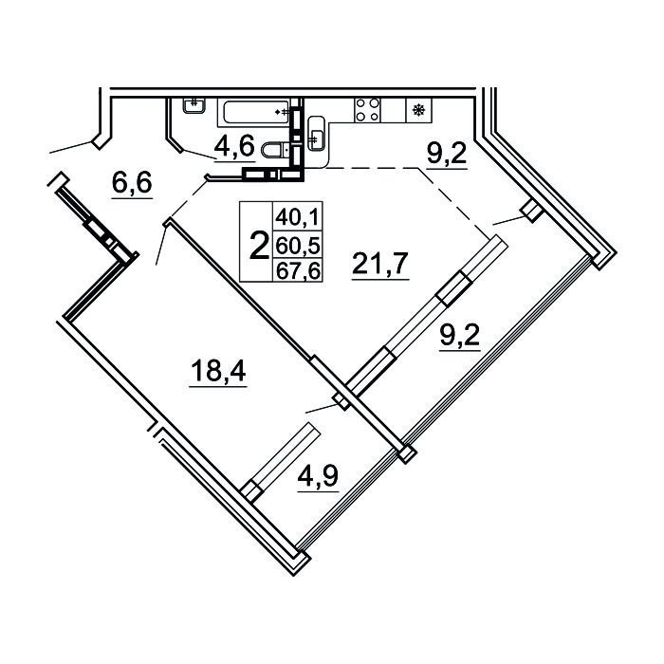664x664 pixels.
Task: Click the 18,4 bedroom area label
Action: click(218, 370)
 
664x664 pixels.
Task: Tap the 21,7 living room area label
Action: click(380, 263)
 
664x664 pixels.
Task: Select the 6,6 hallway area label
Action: click(132, 183)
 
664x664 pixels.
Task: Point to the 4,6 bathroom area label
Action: click(234, 146)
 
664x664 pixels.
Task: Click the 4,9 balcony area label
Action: click(318, 475)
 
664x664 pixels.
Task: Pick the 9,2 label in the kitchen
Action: click(447, 153)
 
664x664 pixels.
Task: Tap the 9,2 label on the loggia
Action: click(459, 336)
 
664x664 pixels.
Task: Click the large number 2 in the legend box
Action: click(259, 247)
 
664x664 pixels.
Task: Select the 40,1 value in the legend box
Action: click(297, 218)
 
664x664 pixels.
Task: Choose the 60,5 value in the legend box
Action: click(297, 246)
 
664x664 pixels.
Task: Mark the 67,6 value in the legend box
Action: click(297, 270)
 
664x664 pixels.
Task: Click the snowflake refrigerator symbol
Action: click(419, 111)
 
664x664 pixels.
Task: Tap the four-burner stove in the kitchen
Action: click(367, 110)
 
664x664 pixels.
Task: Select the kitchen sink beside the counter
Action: click(316, 133)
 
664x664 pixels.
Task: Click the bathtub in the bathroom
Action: click(256, 112)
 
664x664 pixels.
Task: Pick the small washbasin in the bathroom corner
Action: click(194, 105)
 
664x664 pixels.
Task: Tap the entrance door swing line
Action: click(70, 147)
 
